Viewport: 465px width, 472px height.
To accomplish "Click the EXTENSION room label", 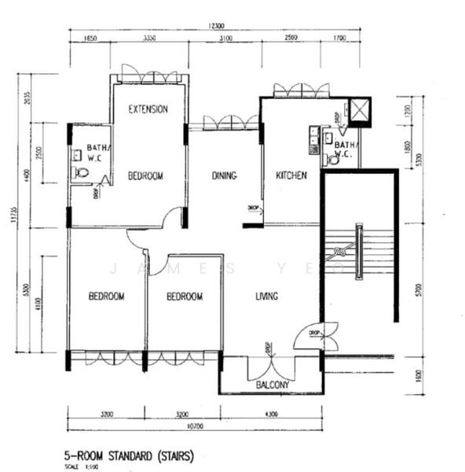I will (x=148, y=109).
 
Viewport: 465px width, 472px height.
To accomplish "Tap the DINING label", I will (x=225, y=176).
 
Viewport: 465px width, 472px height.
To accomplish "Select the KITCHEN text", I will (x=291, y=176).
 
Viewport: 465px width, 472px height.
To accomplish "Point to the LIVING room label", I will (x=266, y=297).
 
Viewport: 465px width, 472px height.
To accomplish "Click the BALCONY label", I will (x=273, y=385).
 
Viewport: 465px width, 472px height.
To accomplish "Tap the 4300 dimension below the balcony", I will (x=272, y=414).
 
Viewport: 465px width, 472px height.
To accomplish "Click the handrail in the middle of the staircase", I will (x=359, y=252).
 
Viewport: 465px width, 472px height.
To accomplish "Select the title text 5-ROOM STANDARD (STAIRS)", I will (x=129, y=455).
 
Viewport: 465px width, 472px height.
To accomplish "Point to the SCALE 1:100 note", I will (x=77, y=466).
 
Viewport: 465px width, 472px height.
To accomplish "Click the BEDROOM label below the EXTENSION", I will (x=145, y=176).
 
